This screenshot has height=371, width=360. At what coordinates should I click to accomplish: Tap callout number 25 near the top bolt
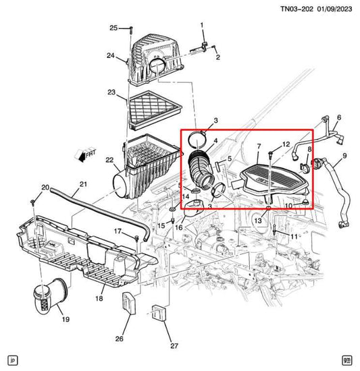pos(114,28)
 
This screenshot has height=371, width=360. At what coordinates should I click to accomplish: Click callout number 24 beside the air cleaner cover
pos(111,55)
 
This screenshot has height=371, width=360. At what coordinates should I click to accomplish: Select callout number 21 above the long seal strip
pos(84,184)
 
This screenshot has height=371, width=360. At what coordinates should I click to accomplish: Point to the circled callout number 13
pos(258,221)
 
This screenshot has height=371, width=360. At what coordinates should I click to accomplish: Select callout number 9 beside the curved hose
pos(344,156)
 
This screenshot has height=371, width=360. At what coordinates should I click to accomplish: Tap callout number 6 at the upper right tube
pos(338,117)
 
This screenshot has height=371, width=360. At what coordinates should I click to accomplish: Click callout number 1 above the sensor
pos(201,25)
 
